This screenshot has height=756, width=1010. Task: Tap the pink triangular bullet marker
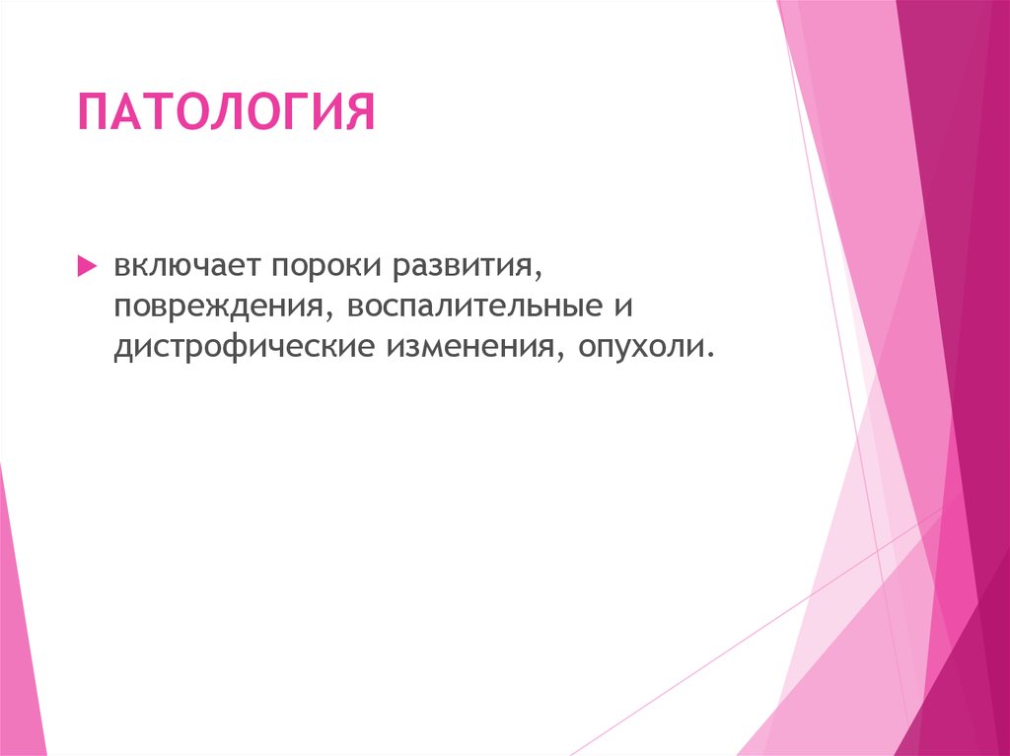(x=86, y=267)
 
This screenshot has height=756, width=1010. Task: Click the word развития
(x=463, y=266)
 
